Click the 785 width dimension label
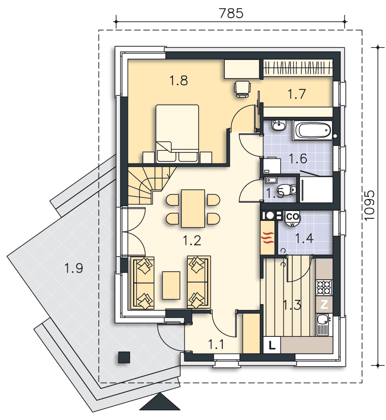231,13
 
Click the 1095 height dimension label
369,205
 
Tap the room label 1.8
178,80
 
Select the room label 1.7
296,94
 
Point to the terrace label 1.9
74,268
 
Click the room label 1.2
192,240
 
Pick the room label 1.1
216,344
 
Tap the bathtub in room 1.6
313,130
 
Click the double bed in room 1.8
178,134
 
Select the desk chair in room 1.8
242,89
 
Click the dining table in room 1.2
193,208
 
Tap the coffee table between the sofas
171,285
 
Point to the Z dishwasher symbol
324,304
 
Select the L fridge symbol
272,345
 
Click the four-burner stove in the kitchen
324,287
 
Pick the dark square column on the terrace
124,357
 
